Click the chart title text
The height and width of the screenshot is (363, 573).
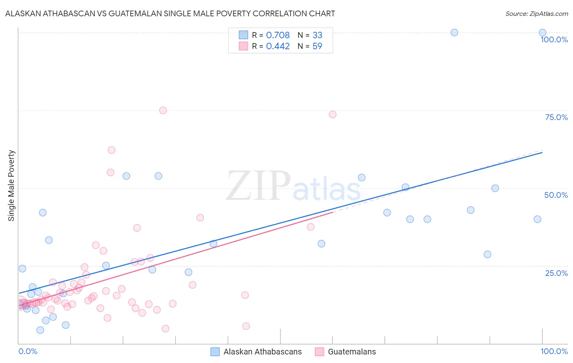point(170,13)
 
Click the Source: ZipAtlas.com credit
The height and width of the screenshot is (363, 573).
point(536,13)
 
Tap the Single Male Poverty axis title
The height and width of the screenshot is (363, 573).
point(11,186)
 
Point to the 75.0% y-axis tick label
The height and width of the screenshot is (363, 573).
point(556,117)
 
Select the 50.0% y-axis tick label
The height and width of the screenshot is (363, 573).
point(556,195)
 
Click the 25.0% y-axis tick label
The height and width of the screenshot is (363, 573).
point(556,273)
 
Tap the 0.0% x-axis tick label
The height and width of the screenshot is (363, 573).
point(28,351)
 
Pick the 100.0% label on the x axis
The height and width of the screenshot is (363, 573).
point(554,351)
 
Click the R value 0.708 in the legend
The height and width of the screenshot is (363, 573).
point(278,35)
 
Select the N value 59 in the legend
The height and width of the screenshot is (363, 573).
point(317,46)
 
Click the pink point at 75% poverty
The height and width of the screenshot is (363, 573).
point(163,110)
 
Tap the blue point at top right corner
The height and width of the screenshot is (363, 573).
point(542,33)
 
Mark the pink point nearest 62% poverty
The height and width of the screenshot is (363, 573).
point(112,150)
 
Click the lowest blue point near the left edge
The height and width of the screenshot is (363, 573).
point(40,330)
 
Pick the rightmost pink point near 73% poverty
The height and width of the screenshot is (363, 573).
point(333,114)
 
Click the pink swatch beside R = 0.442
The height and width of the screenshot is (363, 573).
point(243,46)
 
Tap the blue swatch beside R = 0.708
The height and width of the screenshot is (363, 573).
point(243,35)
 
